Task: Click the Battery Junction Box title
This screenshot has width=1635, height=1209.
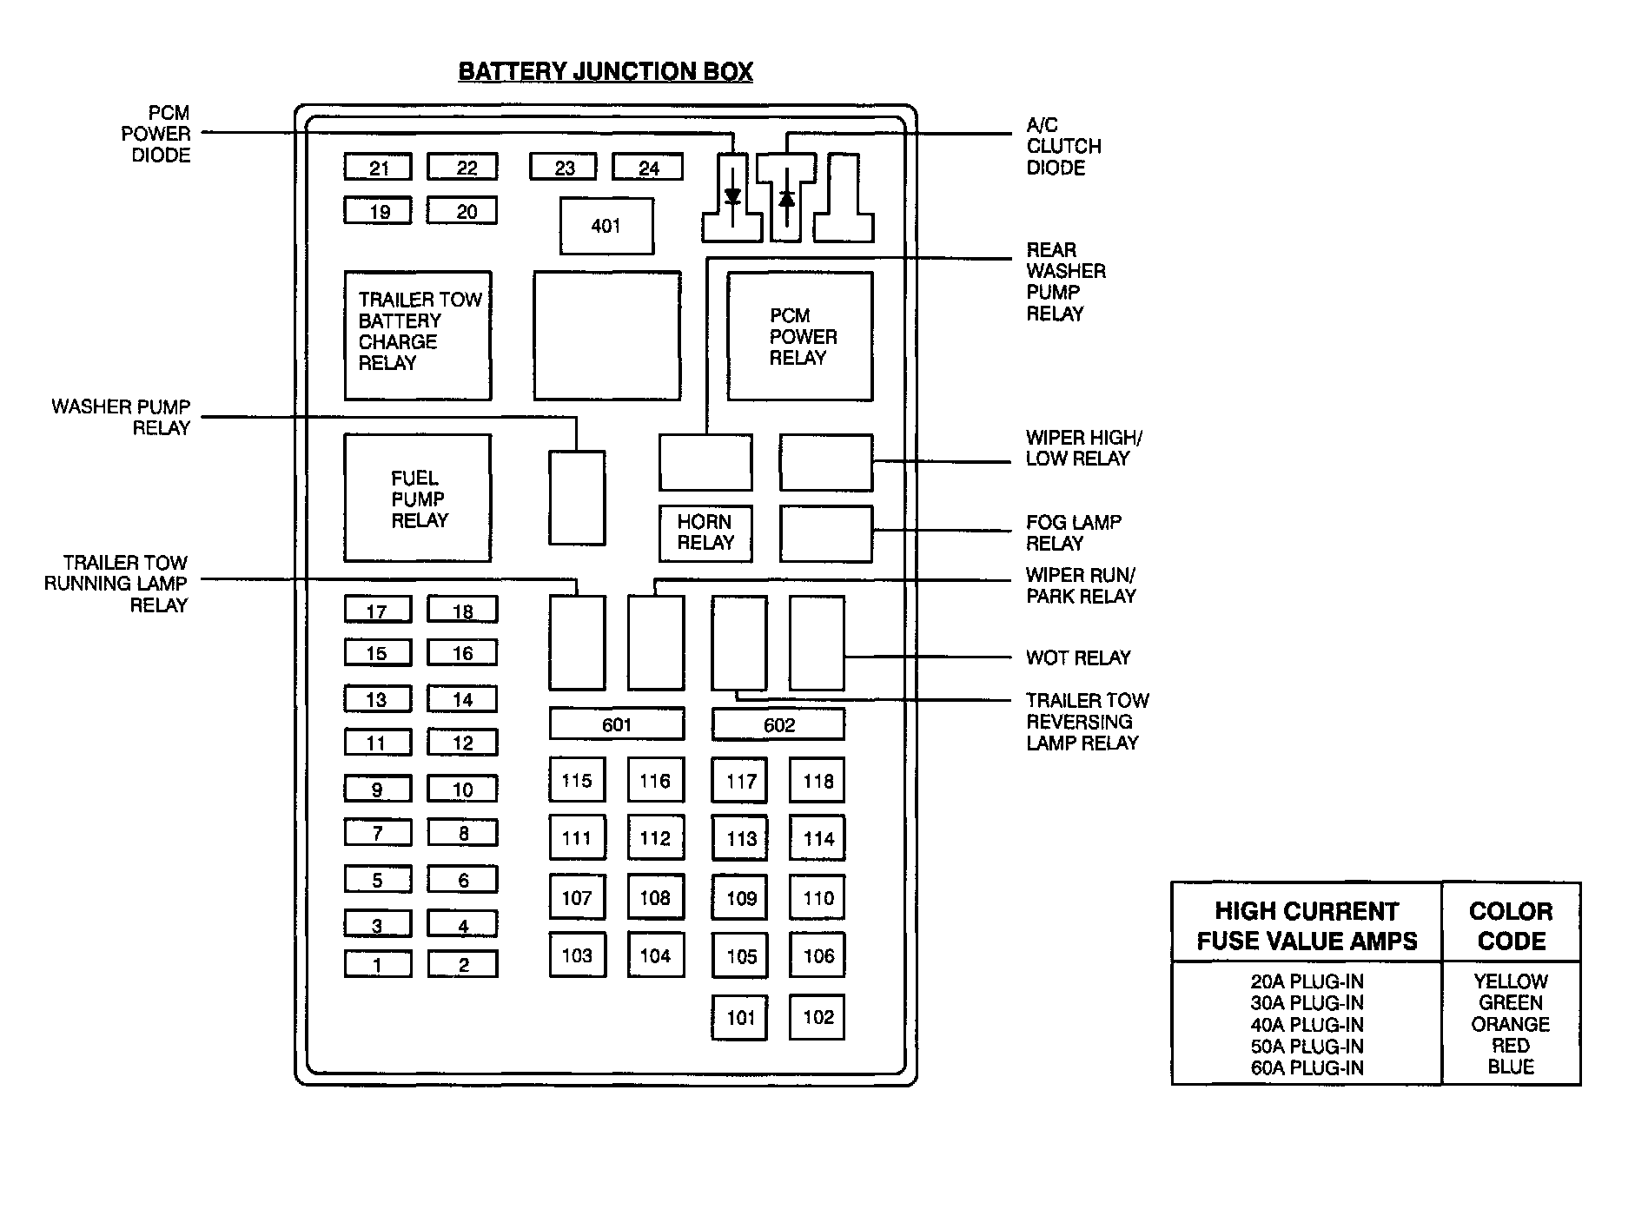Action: tap(605, 71)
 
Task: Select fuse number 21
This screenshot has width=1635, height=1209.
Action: tap(378, 167)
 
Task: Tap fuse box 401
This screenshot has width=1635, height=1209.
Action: tap(606, 226)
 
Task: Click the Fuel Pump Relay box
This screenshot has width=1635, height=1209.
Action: tap(418, 499)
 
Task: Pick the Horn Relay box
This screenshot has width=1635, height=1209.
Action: tap(705, 532)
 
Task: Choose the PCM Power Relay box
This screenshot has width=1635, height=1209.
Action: tap(800, 336)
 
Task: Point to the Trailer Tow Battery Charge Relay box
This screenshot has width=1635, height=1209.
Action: tap(418, 334)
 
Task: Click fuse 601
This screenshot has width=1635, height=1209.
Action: tap(616, 724)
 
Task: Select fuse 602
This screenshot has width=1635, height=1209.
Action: tap(778, 725)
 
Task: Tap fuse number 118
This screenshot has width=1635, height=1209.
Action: tap(817, 781)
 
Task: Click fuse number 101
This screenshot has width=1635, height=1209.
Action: tap(740, 1017)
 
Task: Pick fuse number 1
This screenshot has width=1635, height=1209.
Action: tap(377, 965)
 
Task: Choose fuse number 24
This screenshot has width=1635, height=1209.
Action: tap(648, 167)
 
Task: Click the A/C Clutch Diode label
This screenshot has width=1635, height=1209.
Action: tap(1062, 146)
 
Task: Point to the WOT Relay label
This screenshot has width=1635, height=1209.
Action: tap(1078, 657)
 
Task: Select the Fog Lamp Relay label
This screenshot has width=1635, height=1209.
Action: tap(1073, 532)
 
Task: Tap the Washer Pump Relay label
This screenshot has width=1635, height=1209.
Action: tap(121, 417)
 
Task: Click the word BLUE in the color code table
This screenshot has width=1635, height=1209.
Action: tap(1510, 1067)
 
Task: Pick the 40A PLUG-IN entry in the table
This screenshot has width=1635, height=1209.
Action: tap(1307, 1025)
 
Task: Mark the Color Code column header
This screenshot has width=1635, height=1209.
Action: tap(1511, 925)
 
